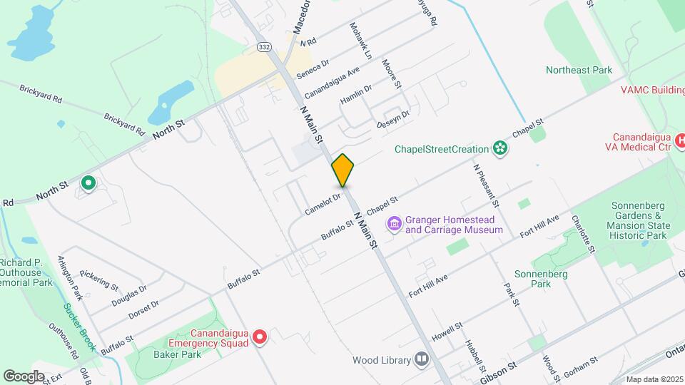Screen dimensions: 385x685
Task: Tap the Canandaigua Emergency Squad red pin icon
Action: coord(260,337)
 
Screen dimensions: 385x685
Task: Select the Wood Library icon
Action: coord(422,360)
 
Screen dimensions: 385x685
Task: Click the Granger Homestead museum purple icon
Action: coord(394,225)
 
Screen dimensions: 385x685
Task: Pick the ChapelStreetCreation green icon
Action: coord(501,148)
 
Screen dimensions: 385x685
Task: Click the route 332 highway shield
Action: coord(264,46)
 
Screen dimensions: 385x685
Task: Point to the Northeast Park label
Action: coord(579,70)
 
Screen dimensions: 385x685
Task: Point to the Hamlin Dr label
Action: coord(356,95)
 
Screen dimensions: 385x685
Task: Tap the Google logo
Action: coord(24,376)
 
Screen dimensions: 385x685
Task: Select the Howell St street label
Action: coord(447,328)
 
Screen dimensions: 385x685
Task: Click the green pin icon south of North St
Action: coord(88,183)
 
